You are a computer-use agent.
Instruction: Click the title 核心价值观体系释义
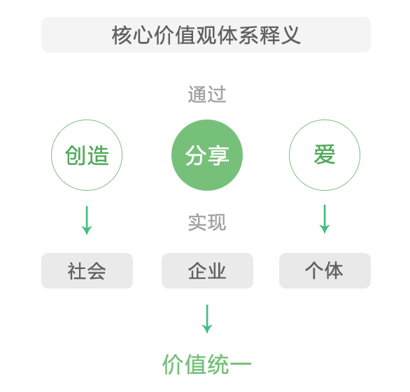click(206, 35)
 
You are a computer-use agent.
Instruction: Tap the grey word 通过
click(207, 94)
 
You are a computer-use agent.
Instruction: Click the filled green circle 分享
click(207, 155)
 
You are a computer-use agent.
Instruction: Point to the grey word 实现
click(207, 222)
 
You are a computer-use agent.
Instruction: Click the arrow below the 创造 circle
click(87, 220)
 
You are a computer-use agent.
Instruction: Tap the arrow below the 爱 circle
click(325, 219)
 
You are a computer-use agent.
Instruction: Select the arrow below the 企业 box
click(207, 319)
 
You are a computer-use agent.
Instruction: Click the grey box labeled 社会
click(87, 270)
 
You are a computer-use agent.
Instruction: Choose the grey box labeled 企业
click(207, 270)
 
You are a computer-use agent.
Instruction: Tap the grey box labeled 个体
click(325, 270)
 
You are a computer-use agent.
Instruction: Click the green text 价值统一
click(207, 364)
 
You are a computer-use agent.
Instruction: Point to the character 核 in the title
click(122, 35)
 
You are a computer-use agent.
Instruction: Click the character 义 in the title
click(290, 35)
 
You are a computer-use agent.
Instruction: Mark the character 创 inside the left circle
click(76, 155)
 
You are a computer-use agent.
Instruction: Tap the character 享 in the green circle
click(218, 155)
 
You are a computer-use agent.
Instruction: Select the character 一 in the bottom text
click(241, 363)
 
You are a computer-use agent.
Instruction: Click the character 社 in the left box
click(77, 271)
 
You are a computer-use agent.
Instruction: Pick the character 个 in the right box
click(315, 270)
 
